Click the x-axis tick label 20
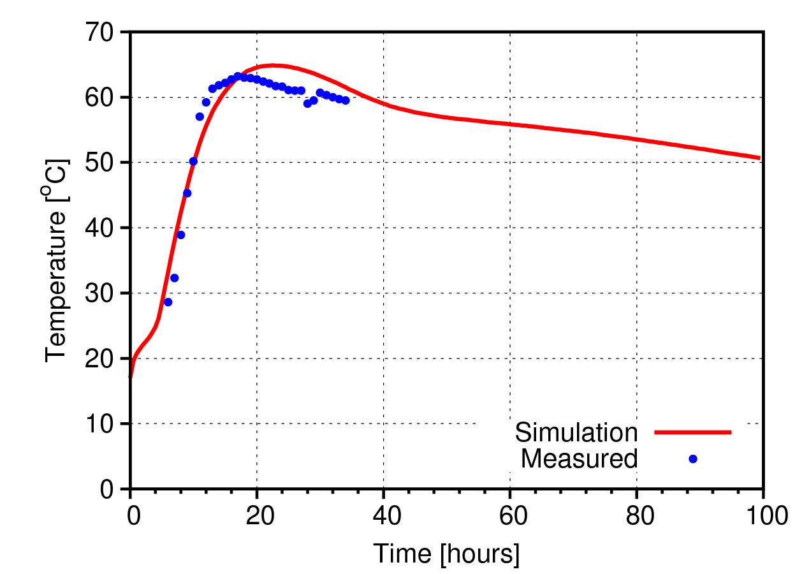click(257, 513)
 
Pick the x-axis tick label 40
click(383, 513)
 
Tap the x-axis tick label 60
click(510, 513)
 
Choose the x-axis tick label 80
click(637, 513)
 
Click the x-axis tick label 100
click(762, 513)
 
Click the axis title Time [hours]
click(446, 554)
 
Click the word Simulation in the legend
click(576, 432)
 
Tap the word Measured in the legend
click(579, 459)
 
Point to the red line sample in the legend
click(693, 432)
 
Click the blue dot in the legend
click(693, 459)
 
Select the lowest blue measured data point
click(168, 302)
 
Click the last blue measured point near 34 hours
click(346, 100)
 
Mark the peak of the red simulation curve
click(273, 65)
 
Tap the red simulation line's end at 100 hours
click(759, 158)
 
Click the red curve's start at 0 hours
click(131, 376)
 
